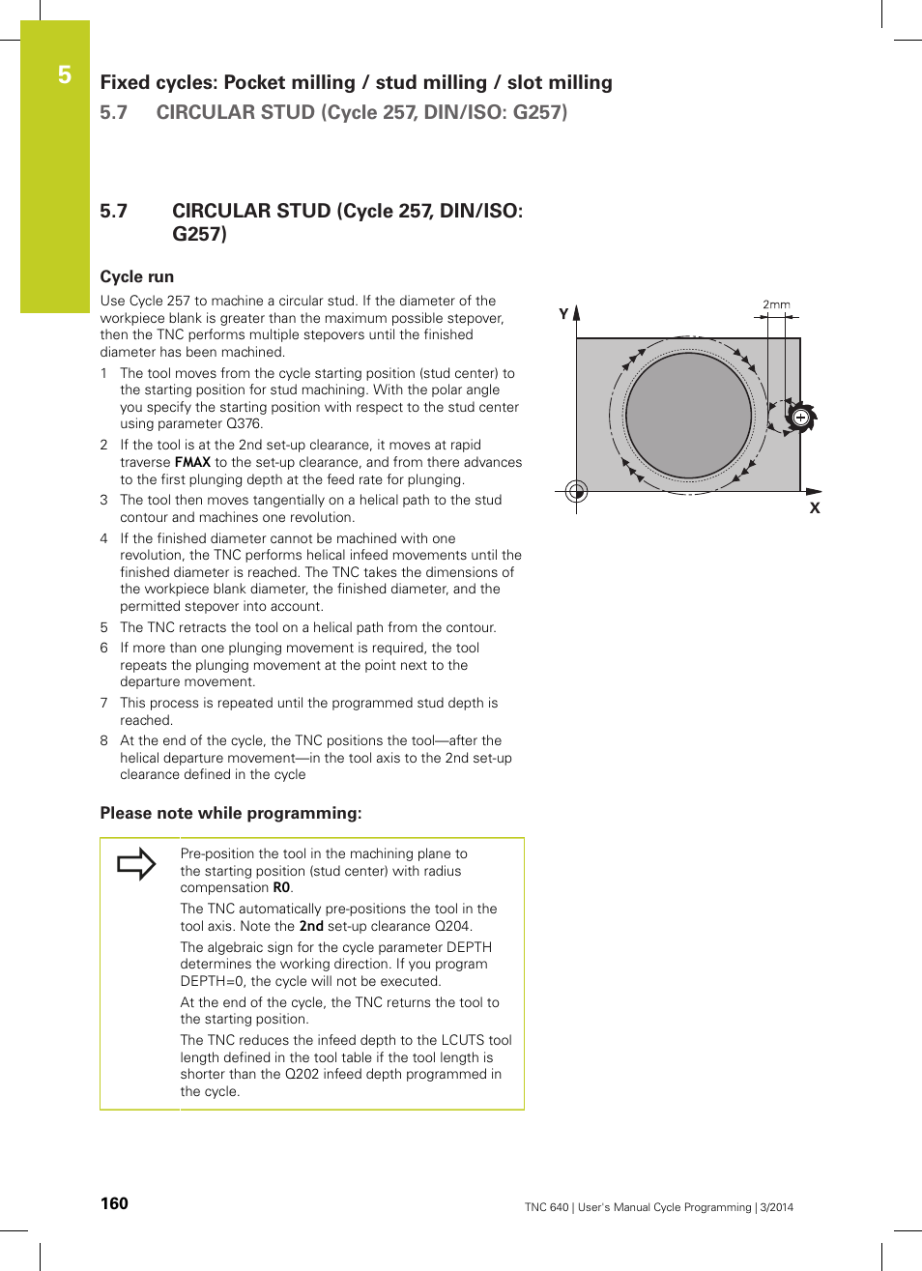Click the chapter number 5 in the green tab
click(65, 74)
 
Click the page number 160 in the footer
click(114, 1203)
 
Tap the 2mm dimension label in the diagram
click(776, 304)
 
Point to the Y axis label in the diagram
click(563, 314)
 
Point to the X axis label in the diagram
click(815, 508)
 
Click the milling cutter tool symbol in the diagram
click(800, 418)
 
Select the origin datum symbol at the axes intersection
click(576, 492)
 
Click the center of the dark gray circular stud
click(688, 416)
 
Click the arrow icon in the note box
click(136, 863)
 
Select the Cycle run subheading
click(137, 276)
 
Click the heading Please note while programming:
click(231, 813)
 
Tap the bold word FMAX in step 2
click(192, 462)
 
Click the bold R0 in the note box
click(281, 887)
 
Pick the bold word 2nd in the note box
click(311, 926)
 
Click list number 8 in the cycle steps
click(104, 740)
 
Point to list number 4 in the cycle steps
click(104, 538)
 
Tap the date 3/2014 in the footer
click(776, 1207)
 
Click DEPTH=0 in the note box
click(213, 981)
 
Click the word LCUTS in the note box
click(462, 1040)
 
